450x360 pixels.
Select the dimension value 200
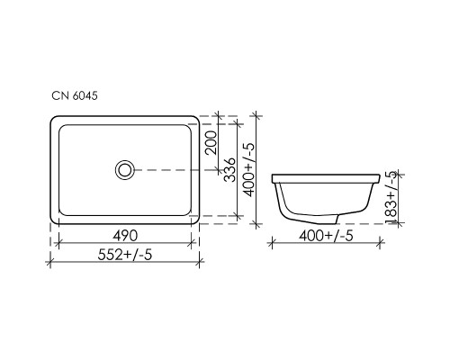tap(210, 142)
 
